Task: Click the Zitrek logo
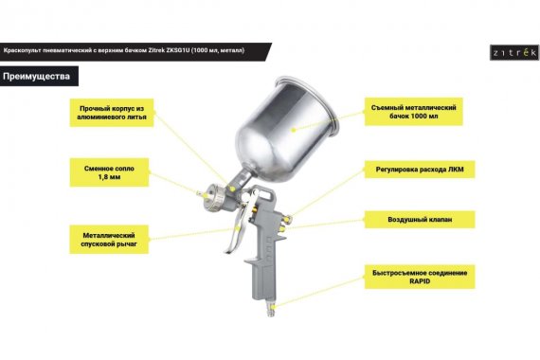[514, 53]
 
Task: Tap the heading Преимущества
[37, 76]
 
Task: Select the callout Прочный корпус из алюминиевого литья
[112, 113]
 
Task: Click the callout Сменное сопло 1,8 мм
[109, 172]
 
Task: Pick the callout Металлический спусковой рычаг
[109, 240]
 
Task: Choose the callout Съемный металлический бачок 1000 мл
[414, 112]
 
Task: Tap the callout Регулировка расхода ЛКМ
[420, 170]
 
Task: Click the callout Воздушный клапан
[420, 220]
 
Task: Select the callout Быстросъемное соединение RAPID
[420, 277]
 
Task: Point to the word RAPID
[420, 281]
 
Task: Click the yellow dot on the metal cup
[294, 130]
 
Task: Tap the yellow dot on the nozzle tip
[206, 195]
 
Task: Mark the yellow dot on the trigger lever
[237, 227]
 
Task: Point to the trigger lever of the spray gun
[238, 224]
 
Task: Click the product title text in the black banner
[124, 50]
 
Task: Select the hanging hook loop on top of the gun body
[263, 194]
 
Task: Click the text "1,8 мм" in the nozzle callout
[109, 177]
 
